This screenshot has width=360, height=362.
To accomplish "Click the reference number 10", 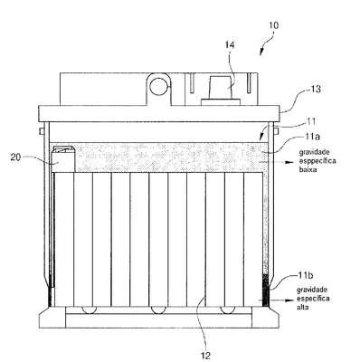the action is pos(273,25).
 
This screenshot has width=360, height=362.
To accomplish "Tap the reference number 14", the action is pos(229,45).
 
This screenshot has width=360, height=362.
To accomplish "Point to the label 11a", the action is pos(311,137).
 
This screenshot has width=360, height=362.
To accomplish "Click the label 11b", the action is pos(306,275).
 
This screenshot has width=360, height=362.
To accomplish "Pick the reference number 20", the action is pos(16,157).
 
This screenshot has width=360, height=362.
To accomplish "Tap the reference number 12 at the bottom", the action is pos(205,356).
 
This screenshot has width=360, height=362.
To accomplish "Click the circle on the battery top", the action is pos(158,87).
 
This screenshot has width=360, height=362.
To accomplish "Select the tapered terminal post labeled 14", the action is pos(222,88).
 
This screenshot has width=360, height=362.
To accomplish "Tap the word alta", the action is pos(303,308).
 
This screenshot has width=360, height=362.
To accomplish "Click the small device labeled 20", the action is pos(63,159).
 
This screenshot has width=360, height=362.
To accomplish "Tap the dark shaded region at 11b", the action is pos(265,291).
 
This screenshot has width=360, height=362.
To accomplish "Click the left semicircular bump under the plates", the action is pos(89,310).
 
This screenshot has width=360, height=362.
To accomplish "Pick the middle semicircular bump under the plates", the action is pos(158,310).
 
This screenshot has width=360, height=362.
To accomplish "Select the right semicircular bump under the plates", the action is pos(228,310).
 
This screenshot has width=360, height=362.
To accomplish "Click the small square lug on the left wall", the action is pos(43,130).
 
